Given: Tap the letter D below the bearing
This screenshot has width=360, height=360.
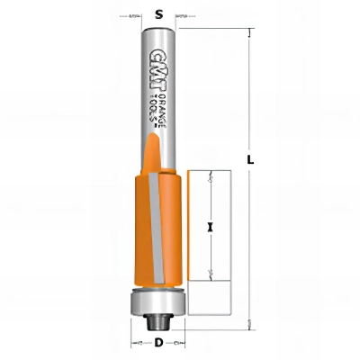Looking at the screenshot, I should pos(158,343).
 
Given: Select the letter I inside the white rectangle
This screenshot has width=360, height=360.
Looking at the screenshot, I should pos(210,227).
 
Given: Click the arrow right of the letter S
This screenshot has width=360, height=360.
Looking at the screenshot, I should pos(183,15).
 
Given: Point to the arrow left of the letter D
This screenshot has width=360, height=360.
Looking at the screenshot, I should pos(138,344).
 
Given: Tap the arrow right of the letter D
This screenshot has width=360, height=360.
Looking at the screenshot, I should pos(179,344).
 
